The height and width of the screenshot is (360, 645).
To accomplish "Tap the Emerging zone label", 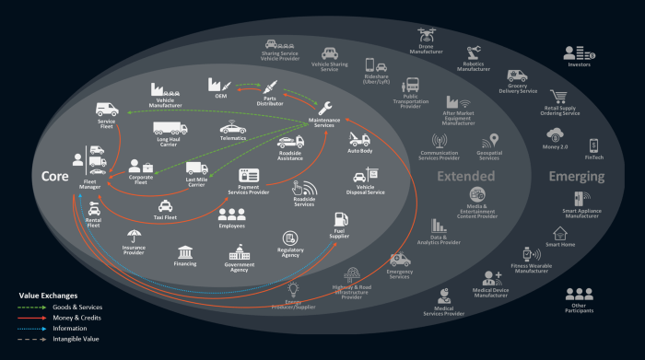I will [576, 176].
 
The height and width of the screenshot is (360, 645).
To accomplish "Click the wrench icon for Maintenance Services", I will [324, 108].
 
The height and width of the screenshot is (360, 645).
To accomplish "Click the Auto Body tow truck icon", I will [359, 139].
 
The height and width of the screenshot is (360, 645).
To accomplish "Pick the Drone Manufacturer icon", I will [427, 34].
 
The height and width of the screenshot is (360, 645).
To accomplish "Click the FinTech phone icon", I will [593, 145].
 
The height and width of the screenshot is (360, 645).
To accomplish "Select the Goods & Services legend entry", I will [77, 306].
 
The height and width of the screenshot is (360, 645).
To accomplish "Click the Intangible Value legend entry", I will [76, 339].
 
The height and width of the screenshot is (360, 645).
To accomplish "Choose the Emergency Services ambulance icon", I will [399, 261].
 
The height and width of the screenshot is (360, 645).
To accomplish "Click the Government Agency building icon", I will [239, 250].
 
